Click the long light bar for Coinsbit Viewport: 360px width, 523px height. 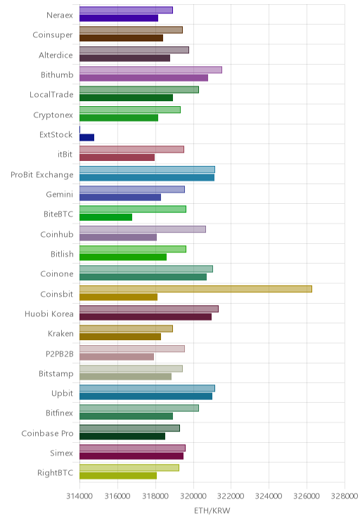coord(195,289)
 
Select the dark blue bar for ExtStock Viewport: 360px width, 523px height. coord(86,137)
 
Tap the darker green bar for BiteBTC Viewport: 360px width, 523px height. coord(105,217)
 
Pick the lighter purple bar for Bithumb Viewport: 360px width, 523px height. coord(150,70)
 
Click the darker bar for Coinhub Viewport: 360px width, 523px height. coord(118,237)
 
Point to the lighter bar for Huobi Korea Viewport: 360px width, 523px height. coord(149,309)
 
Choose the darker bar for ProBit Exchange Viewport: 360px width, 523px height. coord(147,177)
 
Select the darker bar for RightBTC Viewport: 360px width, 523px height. coord(118,476)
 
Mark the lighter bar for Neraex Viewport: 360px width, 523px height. coord(126,10)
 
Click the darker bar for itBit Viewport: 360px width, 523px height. coord(117,157)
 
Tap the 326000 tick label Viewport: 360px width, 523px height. coord(307,496)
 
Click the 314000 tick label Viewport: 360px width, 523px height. coord(79,496)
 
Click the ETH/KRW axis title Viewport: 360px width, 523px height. coord(212,510)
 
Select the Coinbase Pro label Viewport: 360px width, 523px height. coord(47,433)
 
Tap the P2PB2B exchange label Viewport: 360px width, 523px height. coord(59,354)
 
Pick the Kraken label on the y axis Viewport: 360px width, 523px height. coord(60,333)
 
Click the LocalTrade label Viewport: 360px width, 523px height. coord(51,95)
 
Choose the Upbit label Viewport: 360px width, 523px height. coord(62,394)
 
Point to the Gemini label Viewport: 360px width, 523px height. coord(59,195)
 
